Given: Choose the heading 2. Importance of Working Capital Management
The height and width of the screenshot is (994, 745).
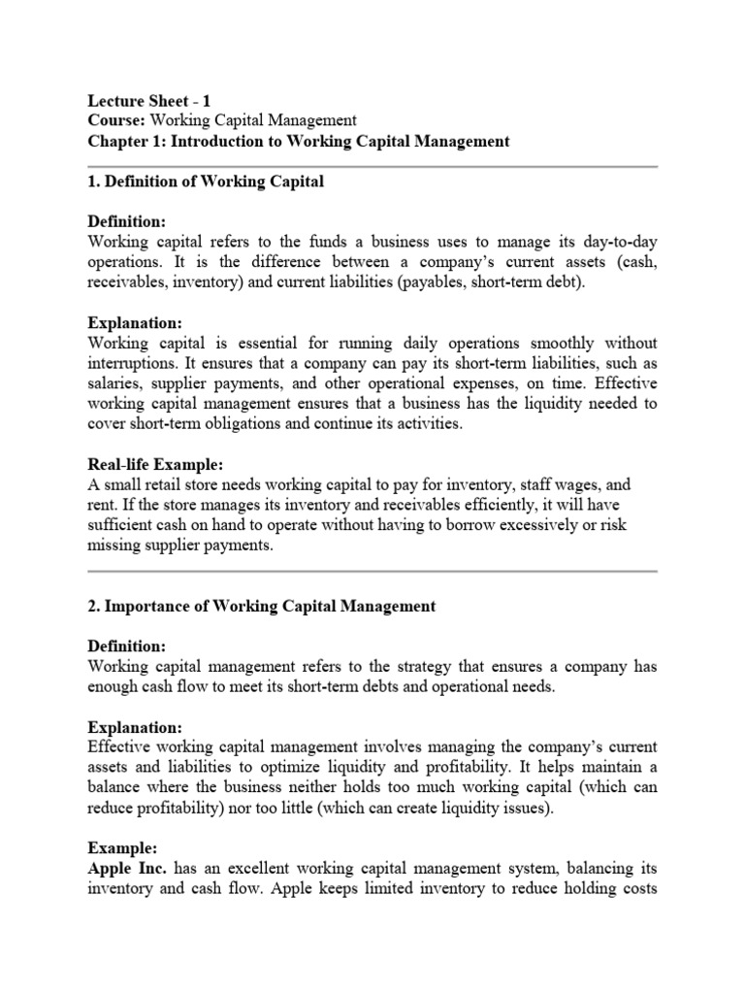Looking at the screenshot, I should [x=262, y=607].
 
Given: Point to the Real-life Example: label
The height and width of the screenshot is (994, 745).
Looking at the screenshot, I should [x=156, y=465].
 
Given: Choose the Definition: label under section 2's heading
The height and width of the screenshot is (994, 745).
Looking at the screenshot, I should [x=127, y=646].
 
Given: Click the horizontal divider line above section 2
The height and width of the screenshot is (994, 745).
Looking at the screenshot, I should [x=372, y=572].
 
